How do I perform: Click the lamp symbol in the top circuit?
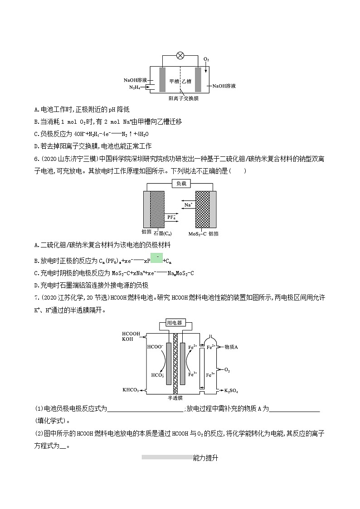pyautogui.click(x=180, y=56)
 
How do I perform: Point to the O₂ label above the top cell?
pyautogui.click(x=206, y=59)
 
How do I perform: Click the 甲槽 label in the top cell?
pyautogui.click(x=175, y=81)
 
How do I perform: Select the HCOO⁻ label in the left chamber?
pyautogui.click(x=155, y=347)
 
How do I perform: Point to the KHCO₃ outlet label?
pyautogui.click(x=131, y=390)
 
